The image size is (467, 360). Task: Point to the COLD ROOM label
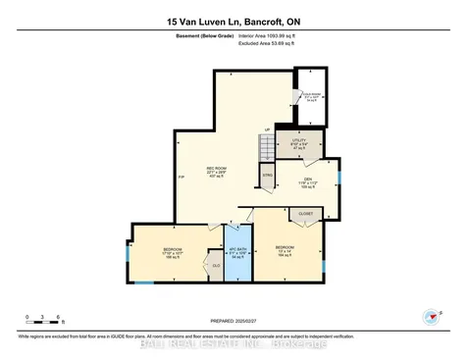311,96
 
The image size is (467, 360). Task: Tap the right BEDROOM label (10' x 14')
285,249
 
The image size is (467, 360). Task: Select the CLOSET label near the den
305,212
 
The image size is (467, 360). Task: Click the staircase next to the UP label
266,148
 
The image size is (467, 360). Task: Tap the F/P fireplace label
180,177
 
